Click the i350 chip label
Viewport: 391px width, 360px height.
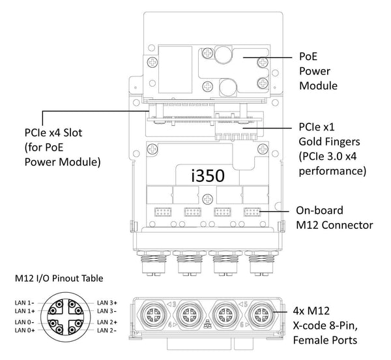point(208,175)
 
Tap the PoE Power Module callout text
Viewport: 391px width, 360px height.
point(318,71)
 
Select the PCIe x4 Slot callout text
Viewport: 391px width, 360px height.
point(63,147)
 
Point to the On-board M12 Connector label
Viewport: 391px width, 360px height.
point(334,218)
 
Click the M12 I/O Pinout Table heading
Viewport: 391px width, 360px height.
point(59,278)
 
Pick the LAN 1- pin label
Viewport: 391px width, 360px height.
point(25,303)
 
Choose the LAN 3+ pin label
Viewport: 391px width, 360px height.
point(107,303)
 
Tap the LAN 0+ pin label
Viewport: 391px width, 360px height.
point(25,330)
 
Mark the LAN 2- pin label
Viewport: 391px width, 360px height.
point(107,330)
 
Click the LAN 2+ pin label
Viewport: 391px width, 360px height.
point(107,322)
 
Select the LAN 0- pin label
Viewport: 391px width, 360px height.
point(25,322)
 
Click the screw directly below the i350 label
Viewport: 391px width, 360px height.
point(207,199)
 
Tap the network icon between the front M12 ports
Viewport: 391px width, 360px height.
point(207,323)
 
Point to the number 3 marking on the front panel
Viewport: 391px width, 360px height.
point(173,304)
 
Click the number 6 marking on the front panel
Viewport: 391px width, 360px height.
point(242,325)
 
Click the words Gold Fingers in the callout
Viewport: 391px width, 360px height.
point(329,142)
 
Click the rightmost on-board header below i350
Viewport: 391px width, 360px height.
point(252,212)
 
